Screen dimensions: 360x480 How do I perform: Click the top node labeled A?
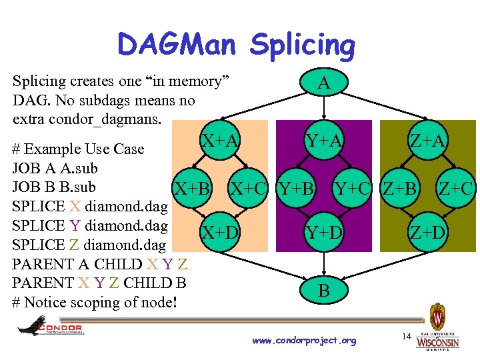pos(323,83)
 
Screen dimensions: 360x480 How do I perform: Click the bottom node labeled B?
pos(323,291)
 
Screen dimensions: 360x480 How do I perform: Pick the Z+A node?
pos(427,141)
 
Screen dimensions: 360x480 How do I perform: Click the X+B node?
pos(192,188)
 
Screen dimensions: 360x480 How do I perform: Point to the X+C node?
pos(250,188)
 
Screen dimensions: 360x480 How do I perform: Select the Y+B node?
pos(296,188)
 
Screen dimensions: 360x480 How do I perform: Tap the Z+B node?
pos(400,188)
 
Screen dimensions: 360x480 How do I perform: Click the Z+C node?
pos(456,188)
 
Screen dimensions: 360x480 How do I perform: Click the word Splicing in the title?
pos(302,46)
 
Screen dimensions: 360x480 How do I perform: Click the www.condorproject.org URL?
pos(304,341)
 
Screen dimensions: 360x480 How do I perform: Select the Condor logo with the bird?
pos(50,326)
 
